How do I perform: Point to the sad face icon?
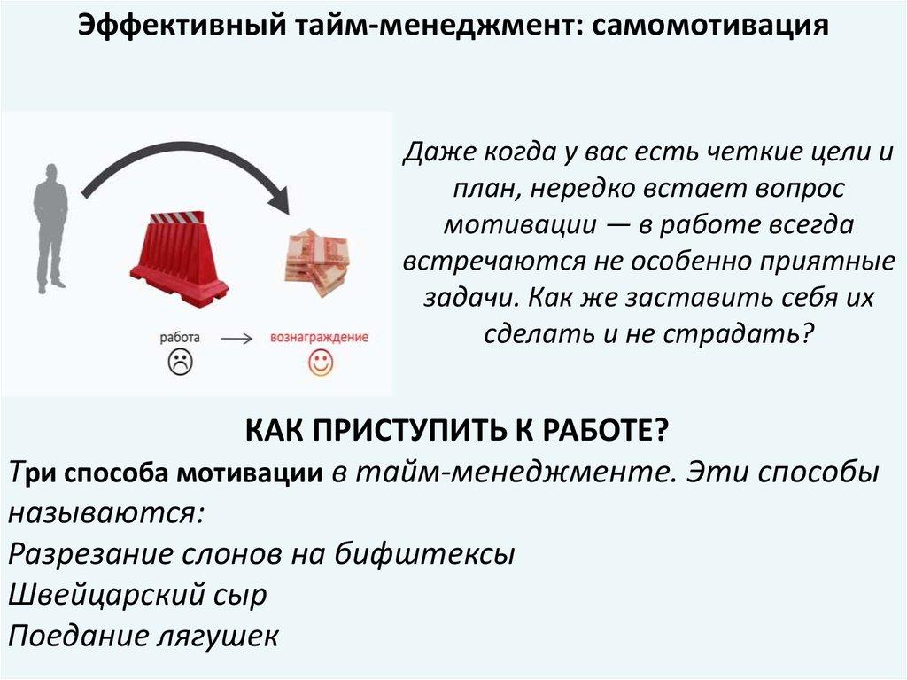(x=181, y=362)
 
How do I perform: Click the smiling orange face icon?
(x=320, y=363)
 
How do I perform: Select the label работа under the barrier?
(x=180, y=337)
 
